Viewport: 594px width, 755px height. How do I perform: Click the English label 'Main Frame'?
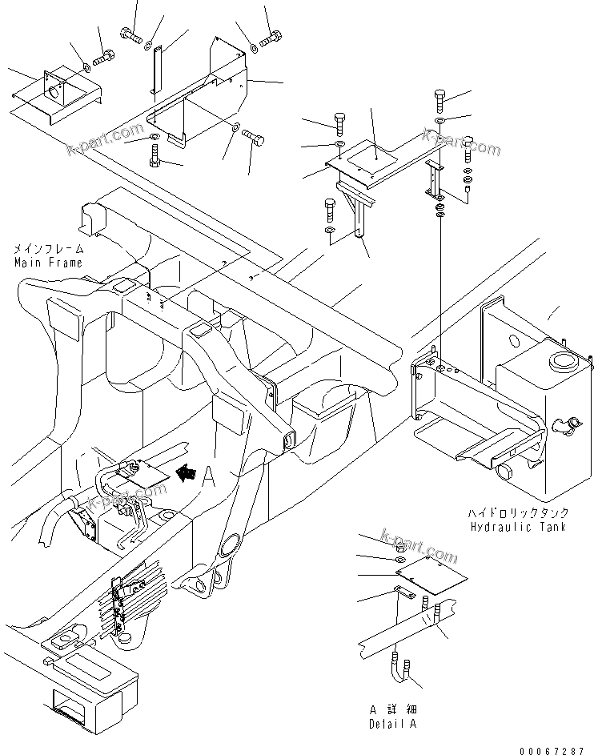coord(47,263)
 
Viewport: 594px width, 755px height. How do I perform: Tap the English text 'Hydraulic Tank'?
coord(518,526)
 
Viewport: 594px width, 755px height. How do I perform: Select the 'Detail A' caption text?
coord(392,724)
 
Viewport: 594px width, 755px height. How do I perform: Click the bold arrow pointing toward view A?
coord(186,474)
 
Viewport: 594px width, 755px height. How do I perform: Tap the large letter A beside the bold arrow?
coord(210,476)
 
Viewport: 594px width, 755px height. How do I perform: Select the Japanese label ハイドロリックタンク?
coord(518,513)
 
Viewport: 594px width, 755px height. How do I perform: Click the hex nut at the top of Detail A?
coord(400,547)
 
